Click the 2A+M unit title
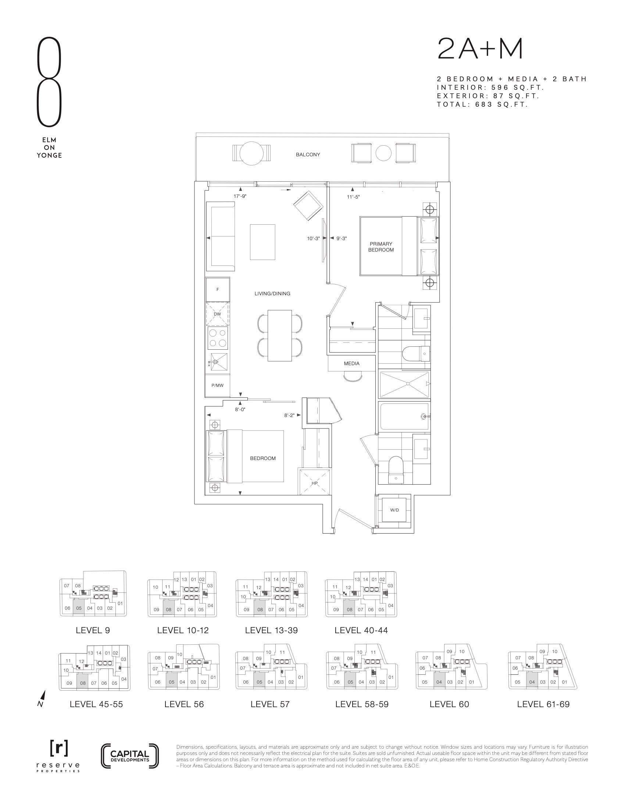[480, 49]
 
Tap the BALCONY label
[308, 154]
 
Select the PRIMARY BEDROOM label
[381, 247]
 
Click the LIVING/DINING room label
[272, 293]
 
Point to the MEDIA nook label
[351, 363]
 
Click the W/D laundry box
[395, 510]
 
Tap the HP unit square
[314, 482]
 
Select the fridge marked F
[218, 289]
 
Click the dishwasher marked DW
[218, 314]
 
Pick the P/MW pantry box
[218, 386]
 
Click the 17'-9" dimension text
[240, 196]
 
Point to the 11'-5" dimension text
[353, 197]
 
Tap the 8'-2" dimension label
[289, 415]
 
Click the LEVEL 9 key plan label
[93, 630]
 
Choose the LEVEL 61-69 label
[543, 704]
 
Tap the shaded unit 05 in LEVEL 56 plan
[171, 681]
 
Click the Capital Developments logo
[129, 756]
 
